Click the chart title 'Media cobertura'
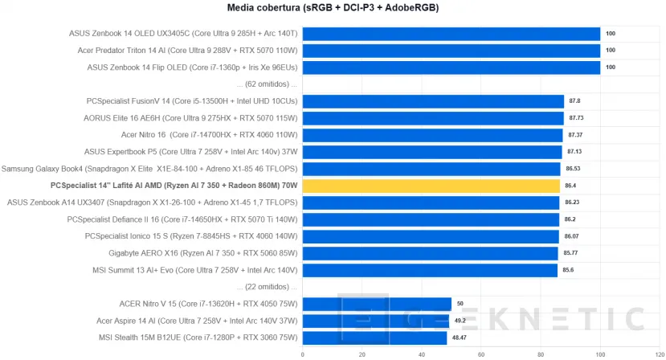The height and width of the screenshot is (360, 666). tap(333, 7)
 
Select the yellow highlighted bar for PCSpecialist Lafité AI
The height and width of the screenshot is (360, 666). tap(431, 186)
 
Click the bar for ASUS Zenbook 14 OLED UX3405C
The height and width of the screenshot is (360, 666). tap(451, 34)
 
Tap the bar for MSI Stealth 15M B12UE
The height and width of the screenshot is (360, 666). tap(374, 337)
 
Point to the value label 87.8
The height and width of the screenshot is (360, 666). tap(574, 101)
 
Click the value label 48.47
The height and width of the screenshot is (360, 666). tap(460, 337)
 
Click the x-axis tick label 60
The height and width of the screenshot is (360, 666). tap(481, 354)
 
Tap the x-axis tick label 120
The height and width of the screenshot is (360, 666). tap(660, 354)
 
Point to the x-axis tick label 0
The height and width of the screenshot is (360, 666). tap(303, 354)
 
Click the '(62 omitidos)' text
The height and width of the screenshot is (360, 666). tap(267, 84)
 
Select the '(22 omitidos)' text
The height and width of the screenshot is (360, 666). tap(267, 287)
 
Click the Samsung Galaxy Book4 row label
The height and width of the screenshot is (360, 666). tap(149, 169)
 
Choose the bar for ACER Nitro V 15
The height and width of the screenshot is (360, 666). tap(377, 304)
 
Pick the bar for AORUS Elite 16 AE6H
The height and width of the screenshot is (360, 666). tap(433, 118)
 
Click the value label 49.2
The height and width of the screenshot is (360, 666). tap(460, 321)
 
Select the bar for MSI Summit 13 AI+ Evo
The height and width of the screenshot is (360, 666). tap(430, 270)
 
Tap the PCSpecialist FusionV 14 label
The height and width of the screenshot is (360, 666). tap(191, 101)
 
